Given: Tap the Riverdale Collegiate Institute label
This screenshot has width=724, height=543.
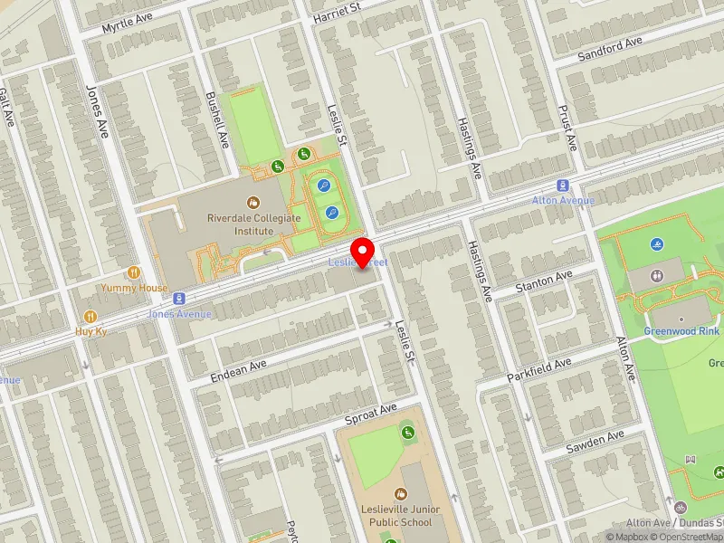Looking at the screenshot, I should [x=240, y=224].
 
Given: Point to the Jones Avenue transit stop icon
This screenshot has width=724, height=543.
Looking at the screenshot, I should [x=180, y=297].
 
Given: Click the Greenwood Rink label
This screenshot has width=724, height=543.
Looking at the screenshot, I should [x=681, y=331].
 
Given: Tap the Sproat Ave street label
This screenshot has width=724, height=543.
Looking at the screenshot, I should [x=371, y=415].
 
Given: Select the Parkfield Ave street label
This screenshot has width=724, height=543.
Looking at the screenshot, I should [x=539, y=369].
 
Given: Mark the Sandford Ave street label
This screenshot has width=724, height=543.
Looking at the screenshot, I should [x=610, y=49].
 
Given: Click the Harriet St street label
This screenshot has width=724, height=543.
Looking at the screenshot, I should [x=337, y=12].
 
